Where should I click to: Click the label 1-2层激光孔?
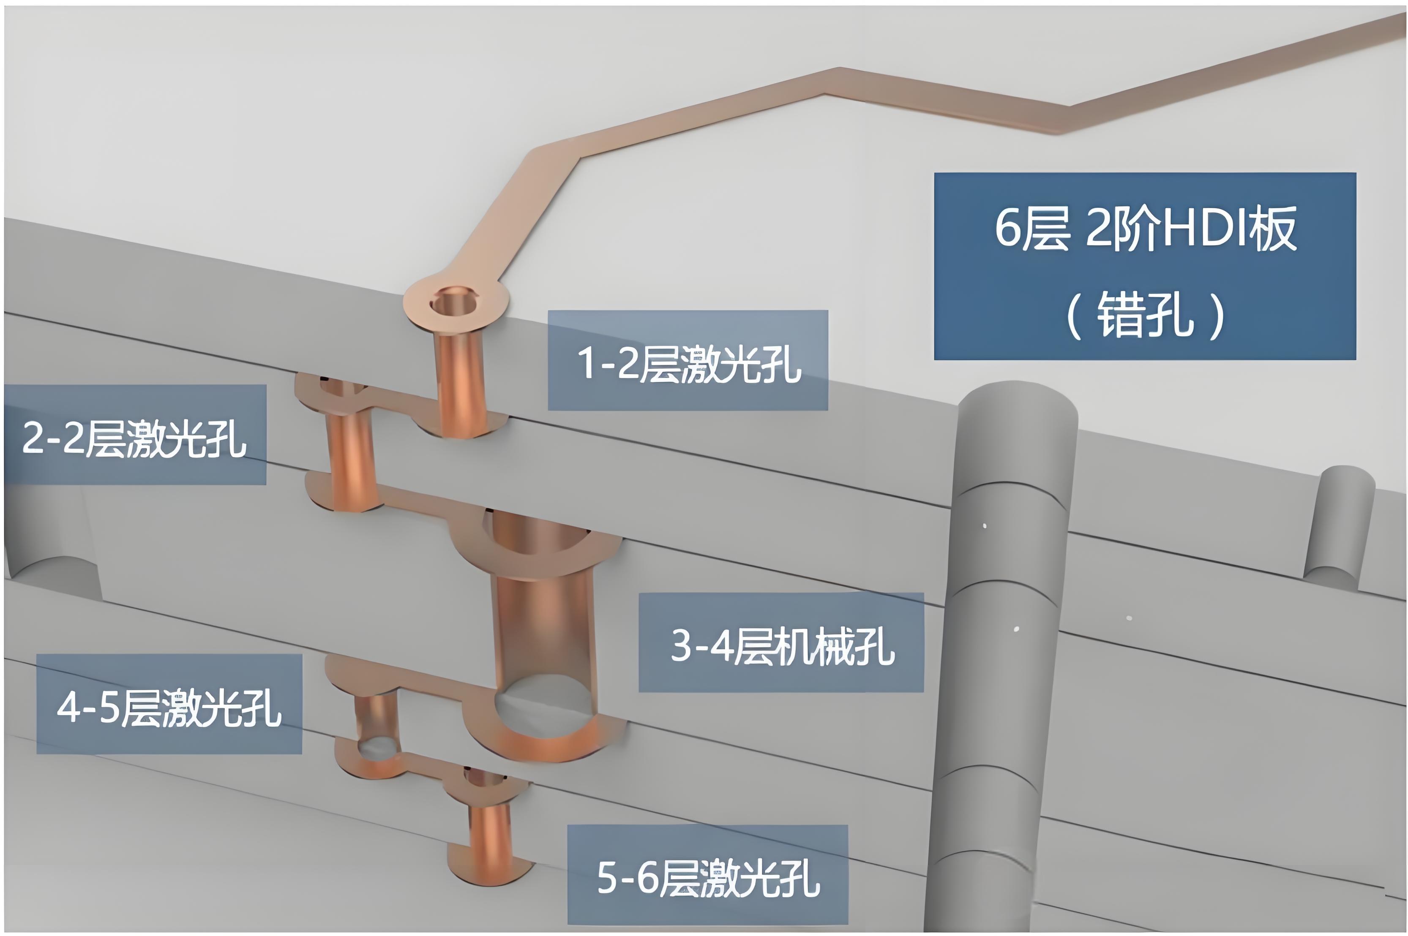coord(688,363)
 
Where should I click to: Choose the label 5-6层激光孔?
coord(708,878)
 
